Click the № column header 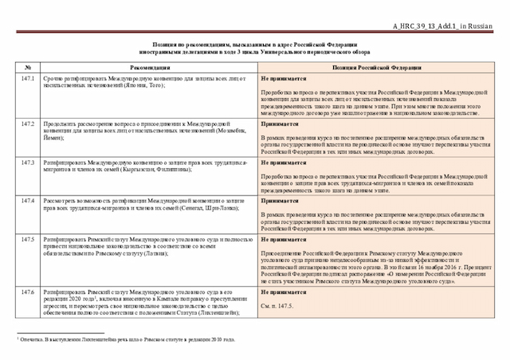click(28, 69)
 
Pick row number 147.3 click(28, 162)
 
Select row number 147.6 click(28, 292)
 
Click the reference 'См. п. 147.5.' click(277, 306)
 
